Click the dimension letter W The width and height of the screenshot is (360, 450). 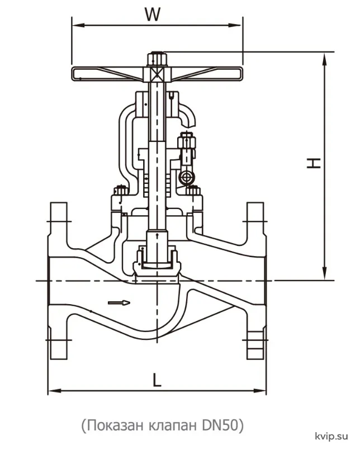(152, 15)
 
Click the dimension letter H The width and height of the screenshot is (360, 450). (314, 163)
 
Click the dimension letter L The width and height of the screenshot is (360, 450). (157, 380)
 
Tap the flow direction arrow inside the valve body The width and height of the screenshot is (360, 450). (119, 302)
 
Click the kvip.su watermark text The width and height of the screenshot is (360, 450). (331, 436)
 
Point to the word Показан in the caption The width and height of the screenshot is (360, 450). (115, 425)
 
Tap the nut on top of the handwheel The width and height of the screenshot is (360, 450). (157, 59)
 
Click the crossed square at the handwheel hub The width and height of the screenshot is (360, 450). (157, 74)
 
